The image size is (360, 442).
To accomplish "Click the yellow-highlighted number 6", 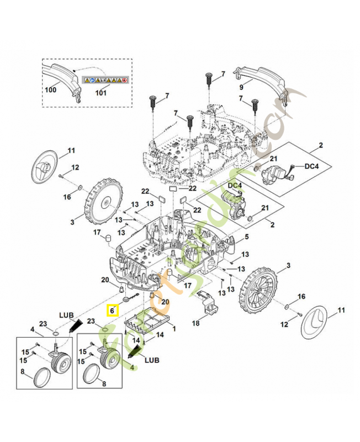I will [113, 311].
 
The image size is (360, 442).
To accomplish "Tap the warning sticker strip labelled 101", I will [105, 80].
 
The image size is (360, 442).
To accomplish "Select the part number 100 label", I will [51, 90].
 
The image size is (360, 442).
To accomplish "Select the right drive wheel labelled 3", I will [256, 288].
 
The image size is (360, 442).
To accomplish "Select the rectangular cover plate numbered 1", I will [146, 321].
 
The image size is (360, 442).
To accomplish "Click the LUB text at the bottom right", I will [151, 360].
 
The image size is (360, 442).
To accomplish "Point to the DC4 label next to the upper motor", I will [313, 165].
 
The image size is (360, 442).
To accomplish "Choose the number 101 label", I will [100, 93].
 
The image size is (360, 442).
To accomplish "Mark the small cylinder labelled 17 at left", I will [109, 240].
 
